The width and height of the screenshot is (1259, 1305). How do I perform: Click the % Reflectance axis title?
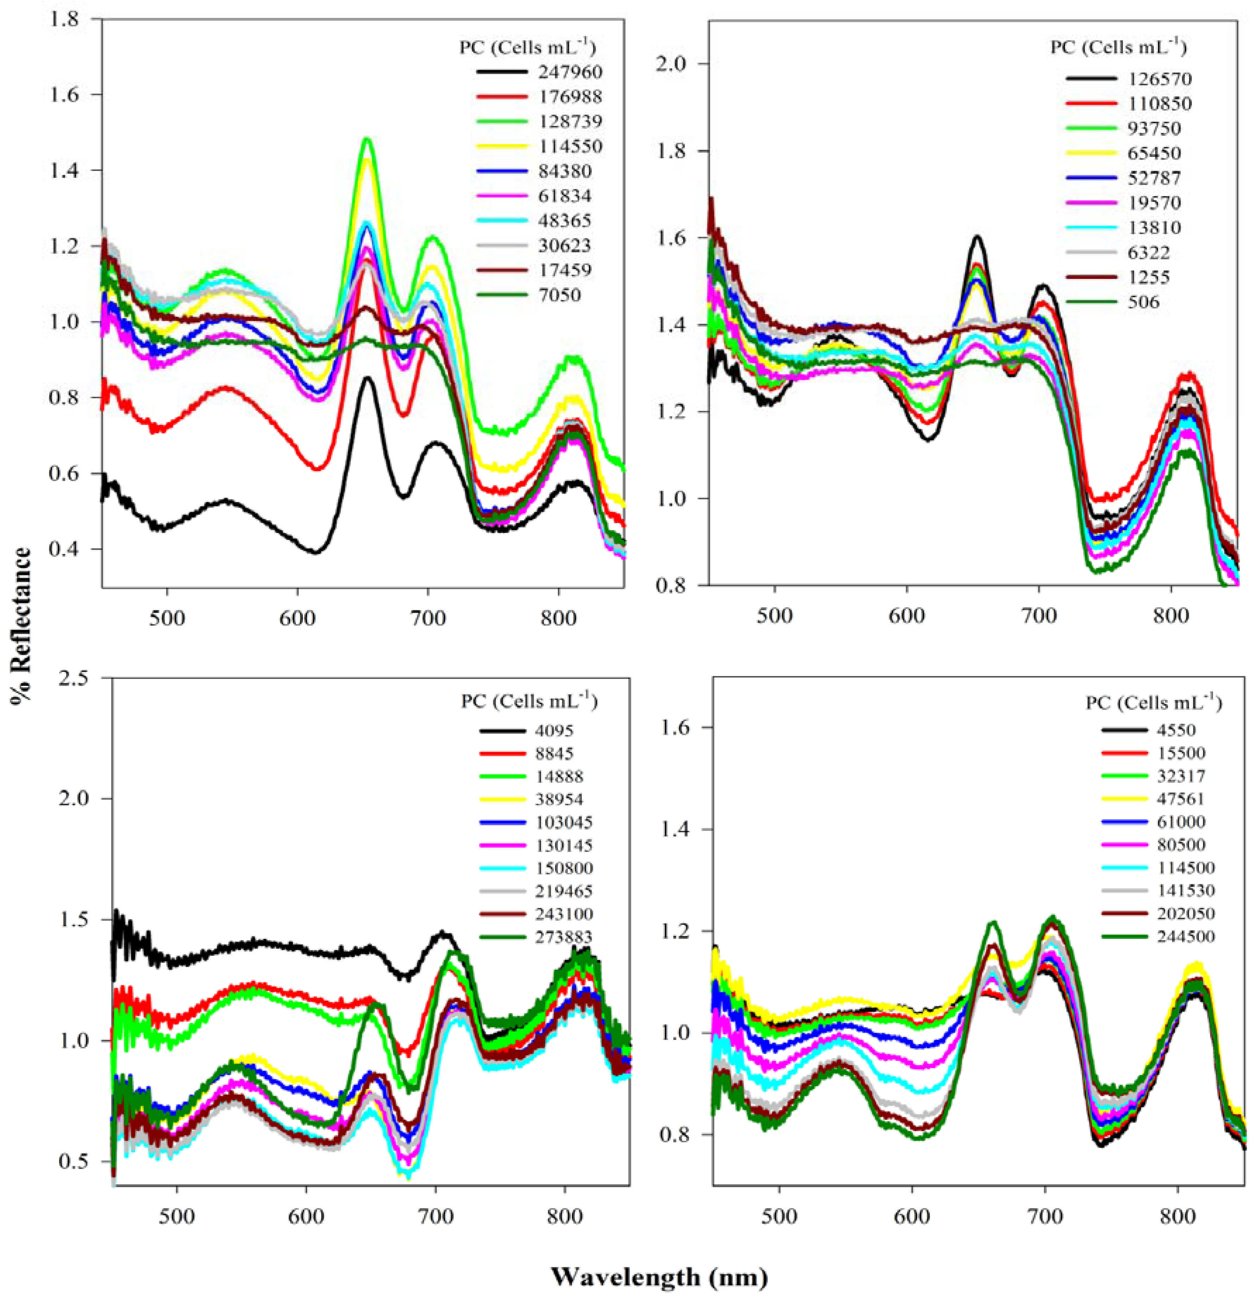pos(22,626)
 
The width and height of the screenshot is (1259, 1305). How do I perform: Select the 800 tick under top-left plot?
pos(558,616)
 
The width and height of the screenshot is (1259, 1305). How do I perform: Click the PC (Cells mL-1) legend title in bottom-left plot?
pos(529,702)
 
